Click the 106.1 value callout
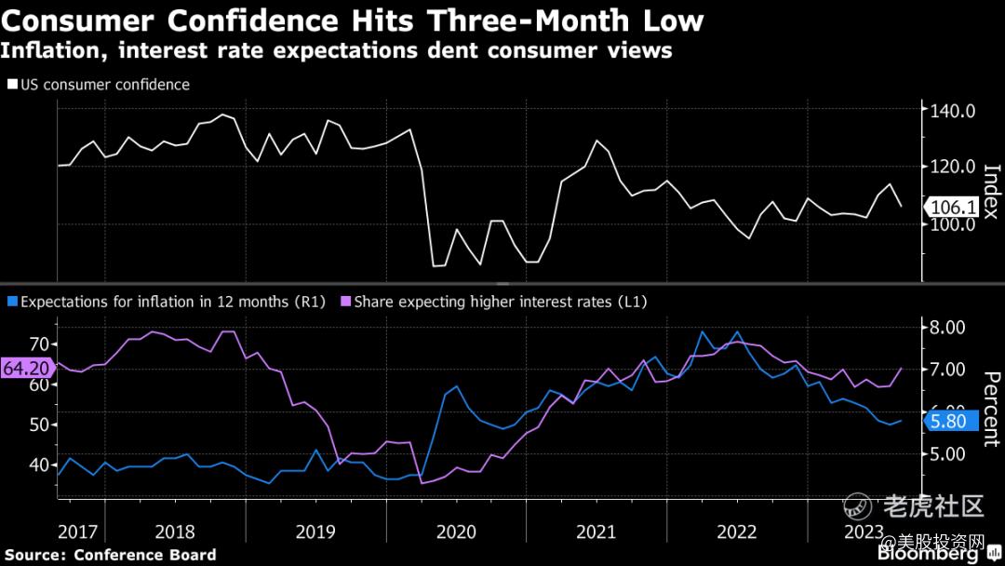click(951, 208)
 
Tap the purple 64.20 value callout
click(26, 368)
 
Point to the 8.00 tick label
click(951, 327)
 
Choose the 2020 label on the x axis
click(455, 532)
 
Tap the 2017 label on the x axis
click(77, 532)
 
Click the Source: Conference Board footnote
click(111, 555)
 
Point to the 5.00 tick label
click(951, 454)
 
